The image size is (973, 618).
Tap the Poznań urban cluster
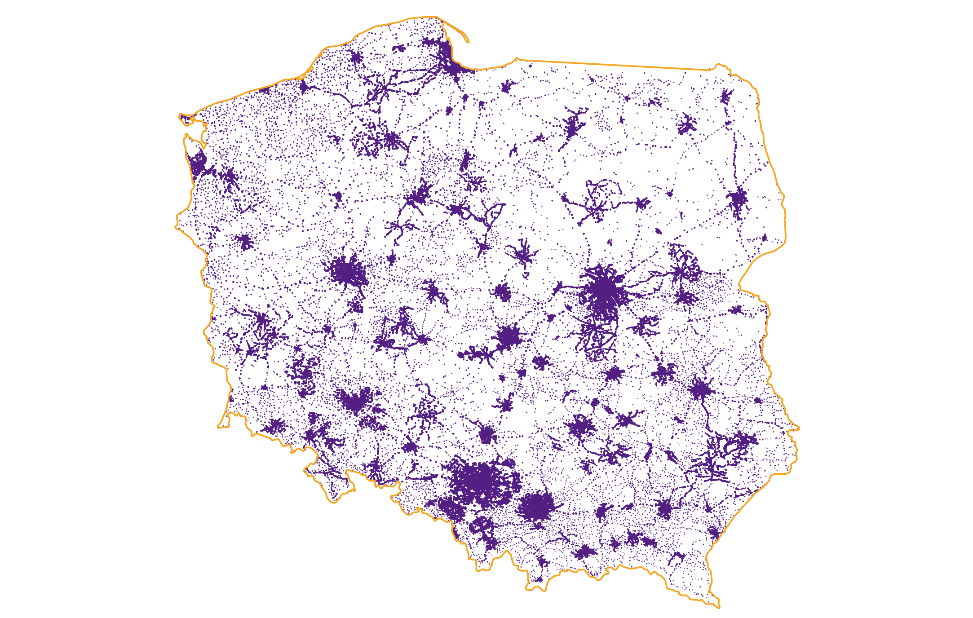coord(346,271)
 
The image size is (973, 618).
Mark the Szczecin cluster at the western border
coord(198,164)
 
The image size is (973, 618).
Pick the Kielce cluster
coord(580,426)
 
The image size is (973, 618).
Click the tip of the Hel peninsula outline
coord(468,41)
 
